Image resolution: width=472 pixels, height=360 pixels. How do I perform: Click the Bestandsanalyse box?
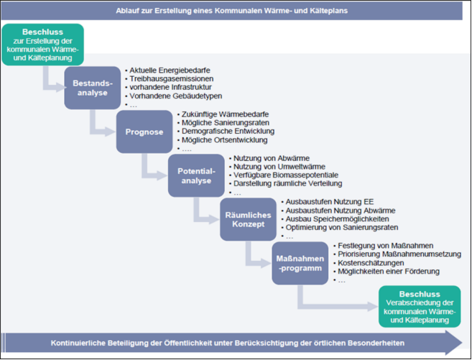point(92,88)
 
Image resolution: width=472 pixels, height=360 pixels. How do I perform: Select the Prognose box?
point(144,132)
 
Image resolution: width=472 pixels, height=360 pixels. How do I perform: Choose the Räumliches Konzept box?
point(248,219)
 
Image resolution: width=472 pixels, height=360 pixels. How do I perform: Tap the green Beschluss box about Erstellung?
point(42,44)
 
